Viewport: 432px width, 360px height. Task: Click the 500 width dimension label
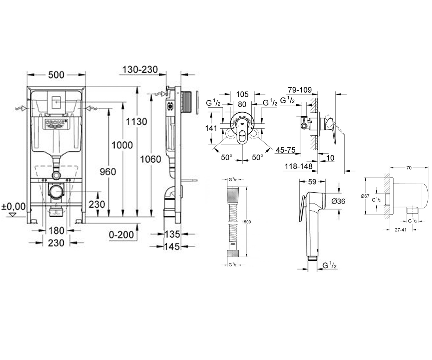tap(56, 75)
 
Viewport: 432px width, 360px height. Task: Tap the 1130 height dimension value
tap(136, 121)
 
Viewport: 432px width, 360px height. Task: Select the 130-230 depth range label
tap(140, 69)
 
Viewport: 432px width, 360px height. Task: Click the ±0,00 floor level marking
tap(13, 206)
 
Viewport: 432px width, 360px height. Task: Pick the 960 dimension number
tap(108, 172)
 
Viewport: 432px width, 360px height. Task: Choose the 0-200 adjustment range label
tap(121, 235)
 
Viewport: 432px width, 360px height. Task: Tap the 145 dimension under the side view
tap(172, 247)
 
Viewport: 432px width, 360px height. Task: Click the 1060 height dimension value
tap(150, 159)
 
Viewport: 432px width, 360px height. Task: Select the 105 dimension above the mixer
tap(242, 94)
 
